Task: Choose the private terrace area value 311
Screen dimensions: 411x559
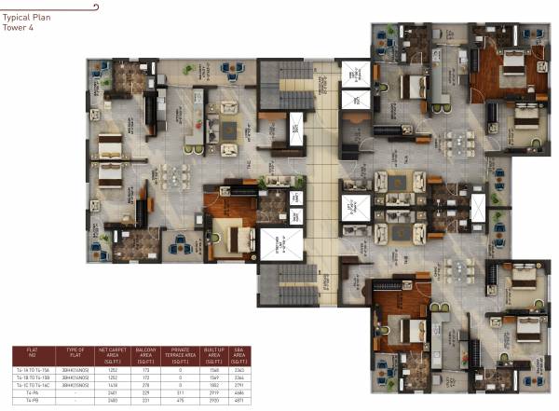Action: [x=179, y=394]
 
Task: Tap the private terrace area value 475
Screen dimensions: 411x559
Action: [x=179, y=402]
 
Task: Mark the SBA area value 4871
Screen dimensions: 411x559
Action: [x=239, y=402]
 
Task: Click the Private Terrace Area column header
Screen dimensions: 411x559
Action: [x=179, y=357]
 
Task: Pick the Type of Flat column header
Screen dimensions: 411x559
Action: [x=75, y=357]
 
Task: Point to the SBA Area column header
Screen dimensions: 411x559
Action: [x=239, y=357]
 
